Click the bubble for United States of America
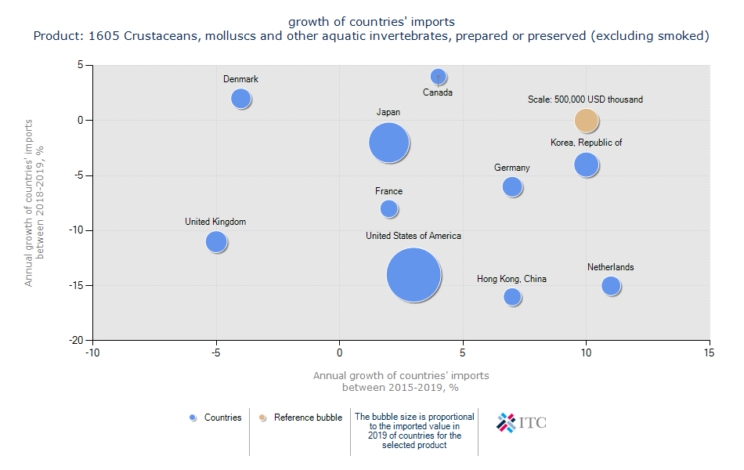click(414, 275)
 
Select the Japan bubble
click(389, 143)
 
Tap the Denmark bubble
click(241, 99)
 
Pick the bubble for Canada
click(439, 77)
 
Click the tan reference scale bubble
click(587, 121)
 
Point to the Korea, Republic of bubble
click(586, 164)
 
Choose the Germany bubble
click(512, 186)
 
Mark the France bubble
click(389, 208)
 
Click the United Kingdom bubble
click(217, 242)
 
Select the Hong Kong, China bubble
click(512, 297)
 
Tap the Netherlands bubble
click(611, 286)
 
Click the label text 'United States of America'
click(414, 236)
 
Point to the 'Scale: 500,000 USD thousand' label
click(585, 99)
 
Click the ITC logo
click(522, 423)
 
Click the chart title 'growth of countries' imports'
click(371, 21)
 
